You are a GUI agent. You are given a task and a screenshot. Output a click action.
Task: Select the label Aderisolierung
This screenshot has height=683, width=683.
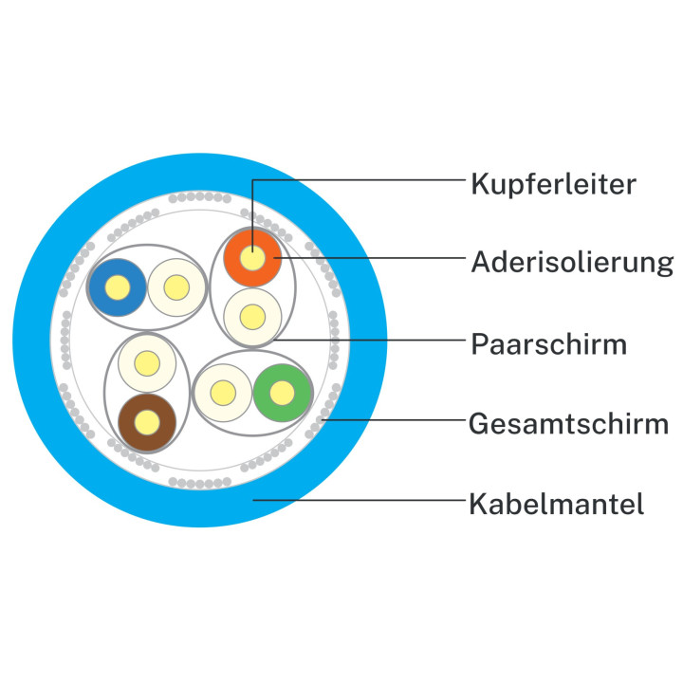[572, 261]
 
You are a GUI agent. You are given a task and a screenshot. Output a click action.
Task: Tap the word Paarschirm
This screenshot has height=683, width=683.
[548, 343]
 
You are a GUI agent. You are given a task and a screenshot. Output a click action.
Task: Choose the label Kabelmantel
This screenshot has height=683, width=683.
[557, 503]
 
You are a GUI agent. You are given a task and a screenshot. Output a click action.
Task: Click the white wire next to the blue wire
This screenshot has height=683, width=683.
[176, 286]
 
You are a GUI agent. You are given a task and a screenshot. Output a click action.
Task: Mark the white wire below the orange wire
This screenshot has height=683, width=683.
[252, 315]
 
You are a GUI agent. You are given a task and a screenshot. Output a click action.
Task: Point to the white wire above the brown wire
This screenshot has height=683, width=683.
[145, 361]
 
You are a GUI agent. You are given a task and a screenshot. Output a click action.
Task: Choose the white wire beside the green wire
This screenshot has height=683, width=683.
[222, 392]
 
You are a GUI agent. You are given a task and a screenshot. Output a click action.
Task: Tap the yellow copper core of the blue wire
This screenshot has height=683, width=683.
[117, 286]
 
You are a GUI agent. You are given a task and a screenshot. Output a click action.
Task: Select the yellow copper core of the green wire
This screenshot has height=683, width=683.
[283, 392]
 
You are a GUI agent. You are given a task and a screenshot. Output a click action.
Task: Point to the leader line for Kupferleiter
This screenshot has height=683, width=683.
[360, 178]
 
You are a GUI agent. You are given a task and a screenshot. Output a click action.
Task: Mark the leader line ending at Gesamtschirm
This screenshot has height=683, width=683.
[398, 419]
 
